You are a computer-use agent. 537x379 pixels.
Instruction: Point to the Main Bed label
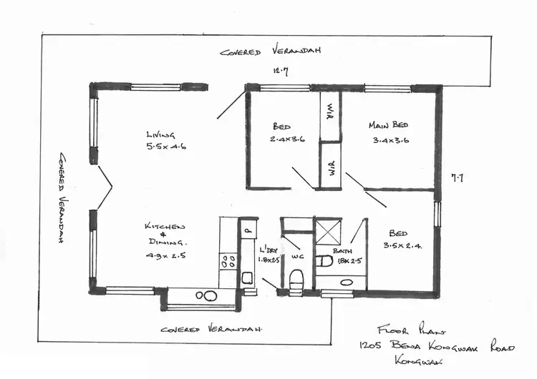point(388,125)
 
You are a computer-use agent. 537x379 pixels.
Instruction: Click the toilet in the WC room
point(298,278)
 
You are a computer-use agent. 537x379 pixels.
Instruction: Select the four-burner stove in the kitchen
point(228,262)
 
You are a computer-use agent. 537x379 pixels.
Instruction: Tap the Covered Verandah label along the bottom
point(211,330)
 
